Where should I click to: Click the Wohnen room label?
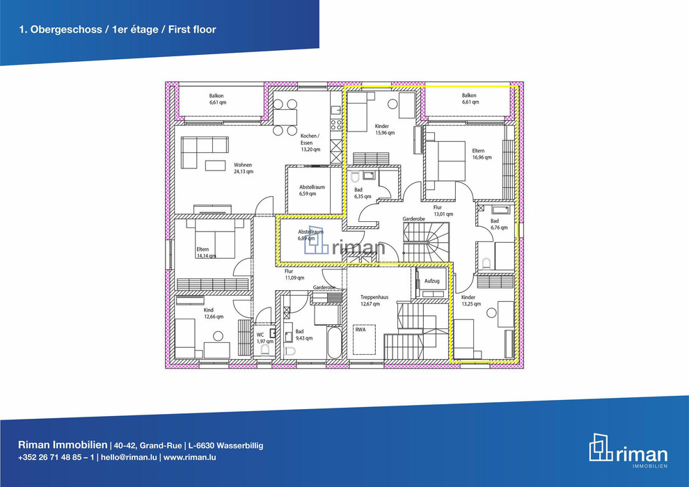coord(243,165)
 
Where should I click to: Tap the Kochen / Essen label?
coord(310,139)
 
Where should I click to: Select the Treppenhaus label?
coord(374,297)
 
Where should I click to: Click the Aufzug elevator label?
coord(432,281)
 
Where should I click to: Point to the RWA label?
coord(361,329)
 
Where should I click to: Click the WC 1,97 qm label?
coord(265,337)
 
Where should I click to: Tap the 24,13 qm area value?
coord(244,172)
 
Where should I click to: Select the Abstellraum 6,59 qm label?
coord(312,190)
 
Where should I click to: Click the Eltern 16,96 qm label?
coord(482,154)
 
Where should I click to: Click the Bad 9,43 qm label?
coord(304,335)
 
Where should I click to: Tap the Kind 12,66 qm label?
coord(214,313)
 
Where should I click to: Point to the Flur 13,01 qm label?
coord(443,211)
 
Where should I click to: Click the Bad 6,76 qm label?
coord(499,224)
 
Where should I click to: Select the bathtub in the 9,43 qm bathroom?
coord(334,343)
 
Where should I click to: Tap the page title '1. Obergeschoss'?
coord(61,29)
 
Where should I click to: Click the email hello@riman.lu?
coord(129,457)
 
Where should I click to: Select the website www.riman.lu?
coord(190,457)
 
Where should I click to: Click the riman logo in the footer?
coord(628,451)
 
